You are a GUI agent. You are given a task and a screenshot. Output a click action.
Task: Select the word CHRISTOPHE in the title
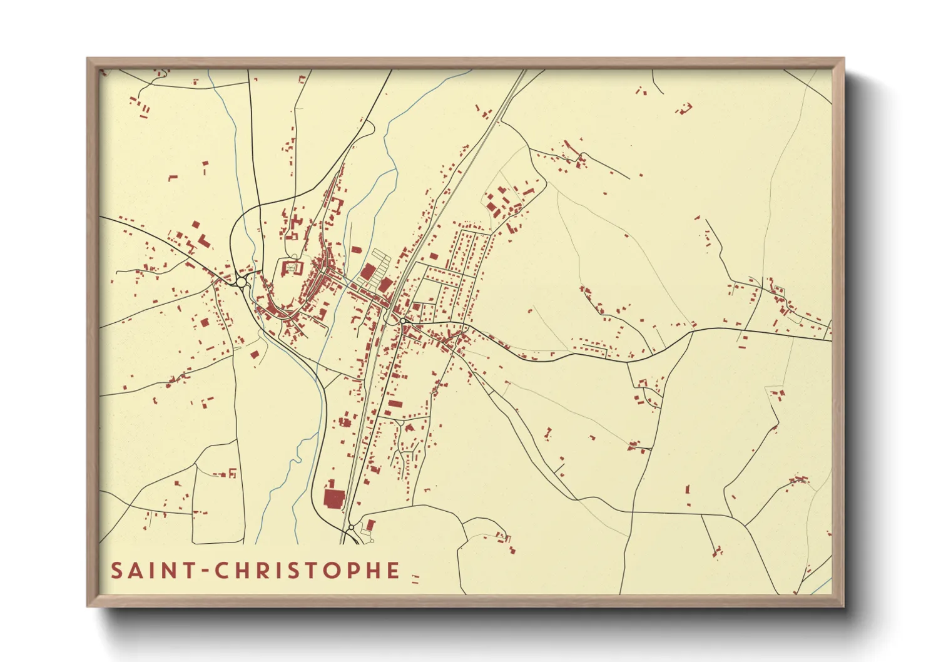pyautogui.click(x=307, y=571)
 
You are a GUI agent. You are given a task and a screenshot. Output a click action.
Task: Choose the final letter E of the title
pyautogui.click(x=393, y=571)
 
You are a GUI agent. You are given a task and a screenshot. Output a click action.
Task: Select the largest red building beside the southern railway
pyautogui.click(x=333, y=499)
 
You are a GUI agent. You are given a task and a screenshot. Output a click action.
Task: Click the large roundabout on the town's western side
pyautogui.click(x=242, y=282)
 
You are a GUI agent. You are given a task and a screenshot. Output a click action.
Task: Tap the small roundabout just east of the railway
pyautogui.click(x=403, y=321)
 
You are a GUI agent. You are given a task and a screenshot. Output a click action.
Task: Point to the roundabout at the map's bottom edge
pyautogui.click(x=352, y=528)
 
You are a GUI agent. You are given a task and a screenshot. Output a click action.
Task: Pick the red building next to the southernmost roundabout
pyautogui.click(x=370, y=524)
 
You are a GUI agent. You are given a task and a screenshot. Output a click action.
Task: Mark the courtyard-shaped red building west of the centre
pyautogui.click(x=292, y=268)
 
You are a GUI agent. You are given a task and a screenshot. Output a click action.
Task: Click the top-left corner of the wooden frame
pyautogui.click(x=88, y=59)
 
